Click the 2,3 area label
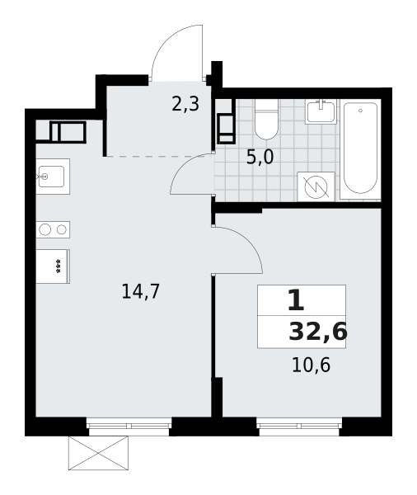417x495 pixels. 185,105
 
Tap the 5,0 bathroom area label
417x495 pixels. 260,158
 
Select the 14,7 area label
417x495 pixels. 140,291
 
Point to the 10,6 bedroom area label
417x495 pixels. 311,365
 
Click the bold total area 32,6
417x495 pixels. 317,332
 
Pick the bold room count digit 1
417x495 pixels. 295,300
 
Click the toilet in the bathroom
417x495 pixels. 266,120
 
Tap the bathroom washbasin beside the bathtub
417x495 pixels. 320,111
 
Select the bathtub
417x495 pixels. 360,149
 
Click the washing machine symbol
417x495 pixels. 316,186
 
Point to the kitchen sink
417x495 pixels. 51,176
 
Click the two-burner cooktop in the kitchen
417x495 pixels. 53,229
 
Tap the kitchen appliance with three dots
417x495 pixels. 53,266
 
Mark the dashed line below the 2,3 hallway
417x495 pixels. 158,156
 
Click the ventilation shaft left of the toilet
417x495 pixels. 225,128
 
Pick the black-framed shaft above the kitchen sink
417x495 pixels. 68,132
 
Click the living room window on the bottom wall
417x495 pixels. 129,417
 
